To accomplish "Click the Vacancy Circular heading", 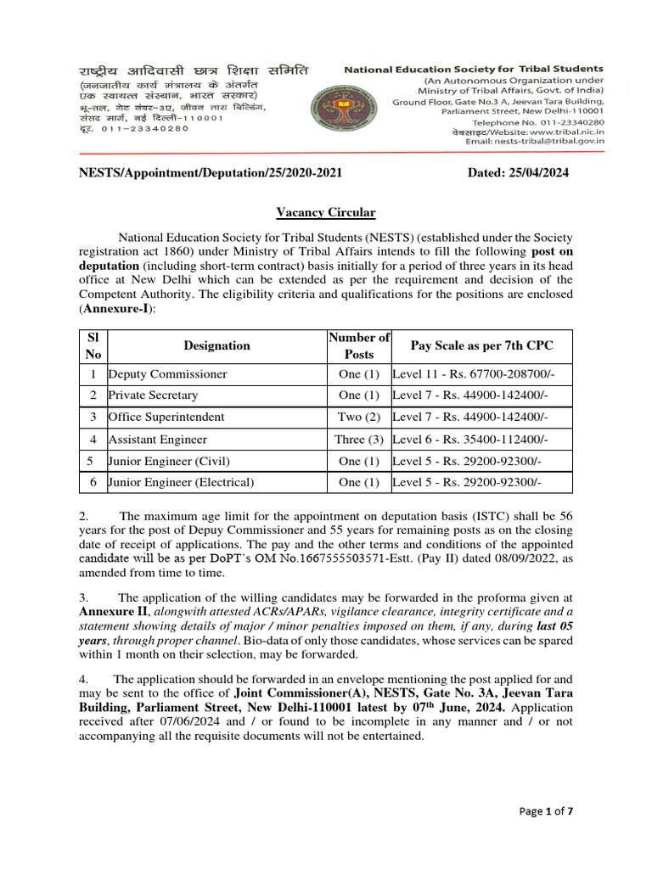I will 325,212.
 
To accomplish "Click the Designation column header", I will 216,345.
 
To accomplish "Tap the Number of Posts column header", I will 359,345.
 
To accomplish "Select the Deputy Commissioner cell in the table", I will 167,373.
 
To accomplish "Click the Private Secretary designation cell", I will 153,395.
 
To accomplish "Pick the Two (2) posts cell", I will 359,417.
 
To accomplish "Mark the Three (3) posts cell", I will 359,439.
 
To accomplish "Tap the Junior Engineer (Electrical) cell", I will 181,482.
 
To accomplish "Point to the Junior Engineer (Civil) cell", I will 169,461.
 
